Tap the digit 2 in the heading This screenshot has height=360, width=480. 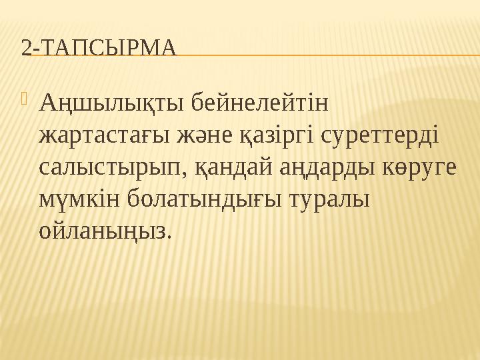(25, 48)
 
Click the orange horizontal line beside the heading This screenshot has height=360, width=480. (327, 55)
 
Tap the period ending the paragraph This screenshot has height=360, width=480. (168, 238)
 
